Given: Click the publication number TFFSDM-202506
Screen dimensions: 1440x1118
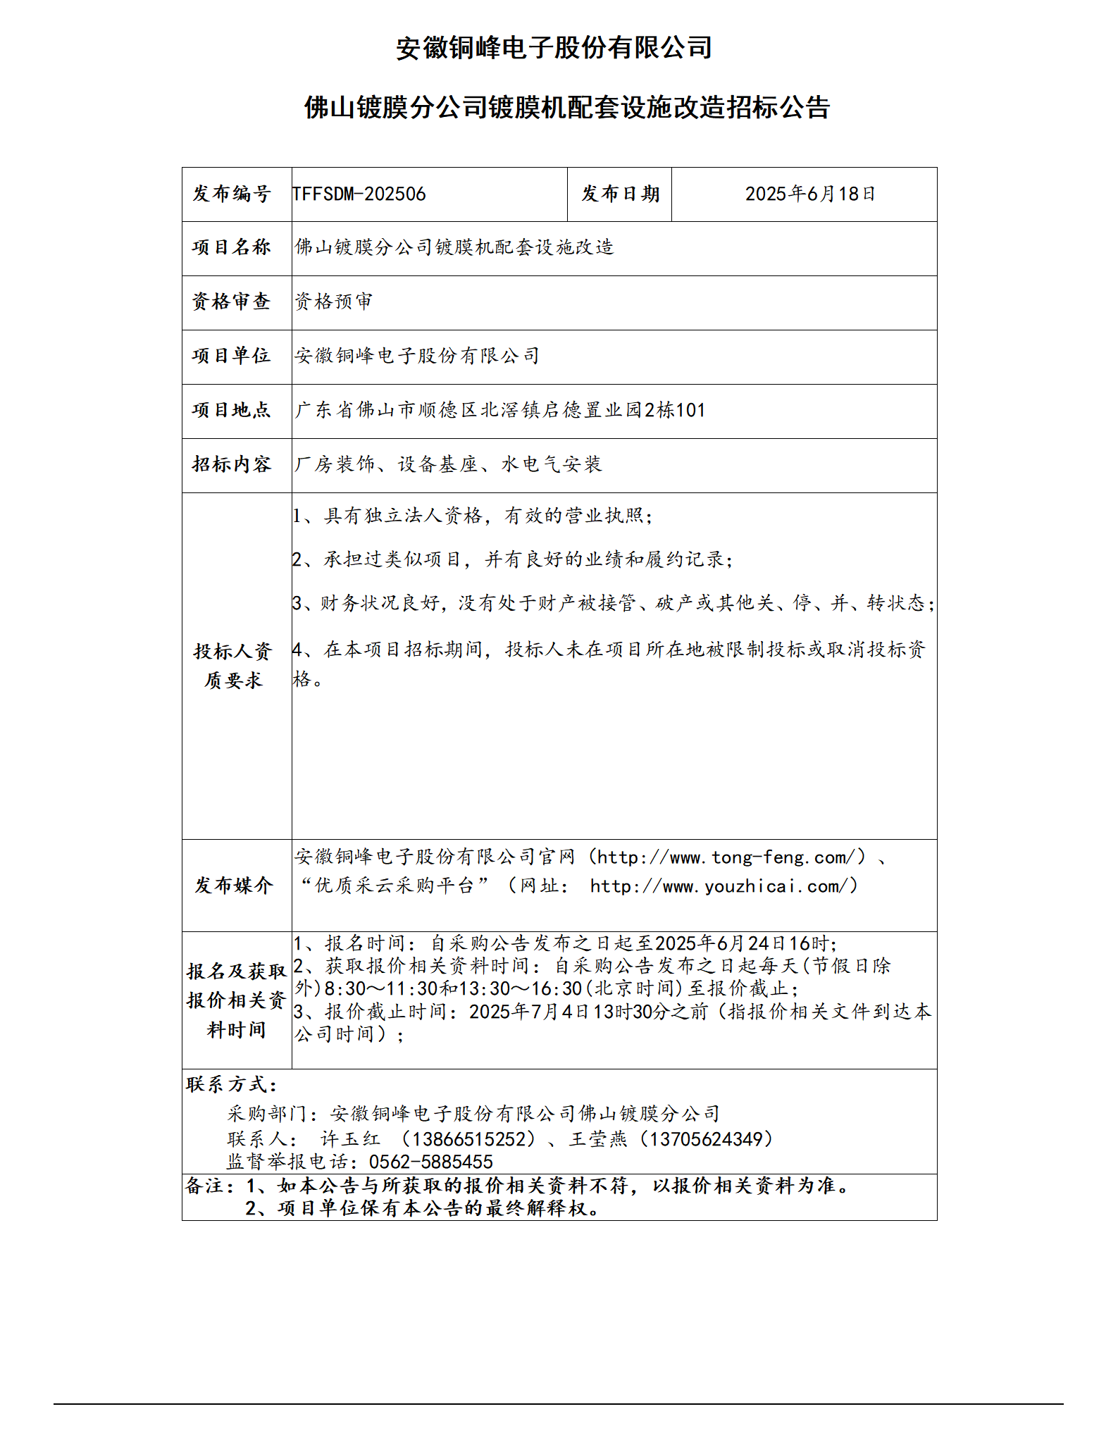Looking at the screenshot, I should click(359, 194).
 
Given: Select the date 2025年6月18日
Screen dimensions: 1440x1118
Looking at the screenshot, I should click(810, 194).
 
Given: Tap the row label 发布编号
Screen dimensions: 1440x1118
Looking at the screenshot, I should click(232, 194).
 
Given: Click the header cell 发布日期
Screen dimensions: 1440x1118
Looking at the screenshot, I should click(620, 194).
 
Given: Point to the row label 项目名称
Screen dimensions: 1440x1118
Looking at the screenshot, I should click(232, 247).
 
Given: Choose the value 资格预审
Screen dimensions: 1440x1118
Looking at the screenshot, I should click(334, 302).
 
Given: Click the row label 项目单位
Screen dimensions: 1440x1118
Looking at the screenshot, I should click(232, 356).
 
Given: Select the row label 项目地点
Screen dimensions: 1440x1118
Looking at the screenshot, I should click(232, 410).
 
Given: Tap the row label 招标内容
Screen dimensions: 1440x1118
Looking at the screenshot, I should click(232, 464).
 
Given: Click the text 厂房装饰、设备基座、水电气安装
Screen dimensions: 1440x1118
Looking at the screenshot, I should click(448, 464).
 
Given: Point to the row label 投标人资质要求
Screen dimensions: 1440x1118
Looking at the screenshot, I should click(233, 666).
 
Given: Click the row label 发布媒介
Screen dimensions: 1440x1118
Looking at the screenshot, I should click(233, 886).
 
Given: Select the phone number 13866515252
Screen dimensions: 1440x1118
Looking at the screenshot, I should click(468, 1139).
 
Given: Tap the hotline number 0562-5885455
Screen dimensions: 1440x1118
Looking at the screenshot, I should click(430, 1162).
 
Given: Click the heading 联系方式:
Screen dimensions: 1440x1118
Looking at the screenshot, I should click(232, 1085).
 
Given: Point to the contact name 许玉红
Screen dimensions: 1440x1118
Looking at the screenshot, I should click(350, 1139).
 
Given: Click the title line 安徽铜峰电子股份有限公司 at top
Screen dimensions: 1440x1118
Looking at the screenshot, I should click(554, 48).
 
